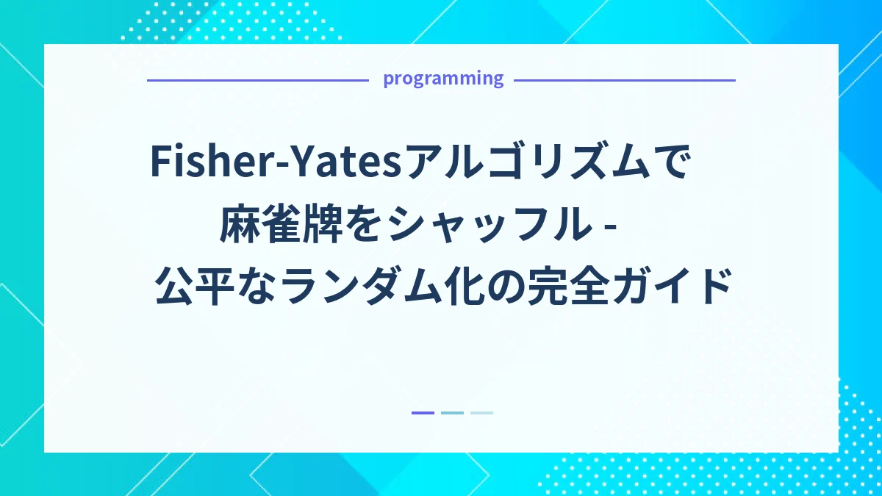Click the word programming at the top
coord(443,79)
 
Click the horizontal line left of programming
coord(257,80)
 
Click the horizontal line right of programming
coord(624,80)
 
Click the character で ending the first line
coord(671,161)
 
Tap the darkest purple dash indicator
coord(423,413)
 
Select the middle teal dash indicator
coord(452,413)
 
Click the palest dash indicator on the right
coord(481,413)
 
